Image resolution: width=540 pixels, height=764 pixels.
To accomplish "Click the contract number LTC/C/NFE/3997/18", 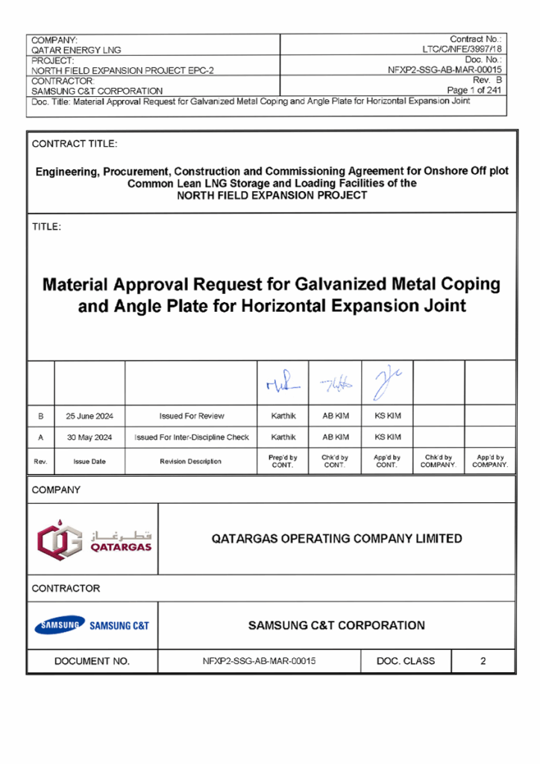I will click(x=461, y=48).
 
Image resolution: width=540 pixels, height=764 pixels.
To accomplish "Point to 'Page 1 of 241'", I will click(x=473, y=90).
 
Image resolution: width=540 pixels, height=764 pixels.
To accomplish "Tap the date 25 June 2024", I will click(x=90, y=416).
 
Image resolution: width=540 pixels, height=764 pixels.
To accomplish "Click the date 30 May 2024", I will click(x=90, y=436).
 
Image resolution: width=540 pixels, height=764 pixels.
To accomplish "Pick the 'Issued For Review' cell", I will click(x=191, y=416).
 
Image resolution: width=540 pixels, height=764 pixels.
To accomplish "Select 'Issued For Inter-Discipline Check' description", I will click(x=191, y=436).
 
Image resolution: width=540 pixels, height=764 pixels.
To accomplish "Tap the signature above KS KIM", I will click(x=385, y=382).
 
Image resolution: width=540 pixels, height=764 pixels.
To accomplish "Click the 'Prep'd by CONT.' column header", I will click(x=283, y=461).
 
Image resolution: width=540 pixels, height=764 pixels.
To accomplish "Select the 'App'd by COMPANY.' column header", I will click(x=489, y=461).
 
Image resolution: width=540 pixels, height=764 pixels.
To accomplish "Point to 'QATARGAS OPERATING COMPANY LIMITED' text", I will click(x=337, y=539).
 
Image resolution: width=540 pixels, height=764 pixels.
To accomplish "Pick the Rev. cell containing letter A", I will click(x=40, y=436).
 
